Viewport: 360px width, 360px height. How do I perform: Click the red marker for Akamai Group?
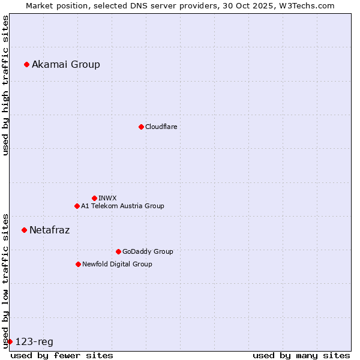pos(26,64)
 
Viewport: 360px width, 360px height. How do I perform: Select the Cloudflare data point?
pos(141,127)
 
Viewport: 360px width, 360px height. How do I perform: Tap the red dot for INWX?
pos(94,198)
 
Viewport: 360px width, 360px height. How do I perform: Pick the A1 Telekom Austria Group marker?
pos(77,206)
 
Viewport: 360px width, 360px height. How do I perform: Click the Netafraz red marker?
pos(24,230)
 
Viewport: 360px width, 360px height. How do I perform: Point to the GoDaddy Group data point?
pos(118,251)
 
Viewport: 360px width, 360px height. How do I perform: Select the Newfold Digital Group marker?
pos(78,264)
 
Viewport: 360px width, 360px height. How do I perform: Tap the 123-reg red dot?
pos(10,341)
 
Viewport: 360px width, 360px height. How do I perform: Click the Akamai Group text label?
pos(66,64)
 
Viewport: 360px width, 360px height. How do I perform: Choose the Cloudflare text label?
pos(161,127)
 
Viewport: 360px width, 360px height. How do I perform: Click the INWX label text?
pos(107,198)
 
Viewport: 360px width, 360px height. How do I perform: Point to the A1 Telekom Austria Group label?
pos(122,206)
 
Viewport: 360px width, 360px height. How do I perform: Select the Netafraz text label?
pos(49,230)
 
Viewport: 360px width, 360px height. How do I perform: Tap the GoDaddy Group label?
pos(147,251)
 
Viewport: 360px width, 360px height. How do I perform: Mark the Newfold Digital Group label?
pos(117,264)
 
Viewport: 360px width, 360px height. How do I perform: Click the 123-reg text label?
pos(34,341)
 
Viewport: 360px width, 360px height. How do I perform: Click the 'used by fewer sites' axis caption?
pos(62,355)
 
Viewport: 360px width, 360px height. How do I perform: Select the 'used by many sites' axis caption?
pos(301,355)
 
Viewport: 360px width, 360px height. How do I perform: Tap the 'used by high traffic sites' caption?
pos(5,85)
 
